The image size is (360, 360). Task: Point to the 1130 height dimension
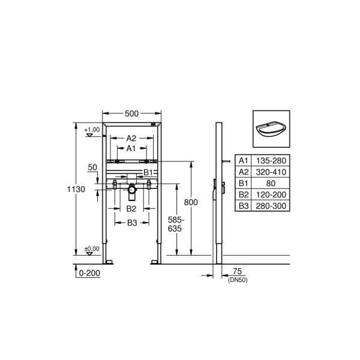pyautogui.click(x=76, y=188)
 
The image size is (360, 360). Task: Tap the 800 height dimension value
pyautogui.click(x=191, y=202)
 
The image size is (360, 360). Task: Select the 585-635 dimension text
pyautogui.click(x=174, y=224)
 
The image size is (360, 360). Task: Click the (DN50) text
pyautogui.click(x=237, y=280)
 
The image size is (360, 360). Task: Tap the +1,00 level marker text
pyautogui.click(x=92, y=130)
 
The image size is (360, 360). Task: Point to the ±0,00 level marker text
pyautogui.click(x=92, y=248)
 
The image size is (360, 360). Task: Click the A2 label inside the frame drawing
pyautogui.click(x=131, y=138)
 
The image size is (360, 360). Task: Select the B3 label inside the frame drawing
pyautogui.click(x=132, y=223)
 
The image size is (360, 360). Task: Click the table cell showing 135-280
pyautogui.click(x=272, y=160)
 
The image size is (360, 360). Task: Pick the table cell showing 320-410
pyautogui.click(x=272, y=172)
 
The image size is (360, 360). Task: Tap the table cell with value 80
pyautogui.click(x=272, y=183)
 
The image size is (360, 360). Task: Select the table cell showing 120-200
pyautogui.click(x=272, y=194)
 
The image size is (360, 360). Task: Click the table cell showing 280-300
pyautogui.click(x=272, y=206)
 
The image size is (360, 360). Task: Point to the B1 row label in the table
pyautogui.click(x=244, y=183)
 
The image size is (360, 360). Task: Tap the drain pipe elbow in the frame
pyautogui.click(x=132, y=192)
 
